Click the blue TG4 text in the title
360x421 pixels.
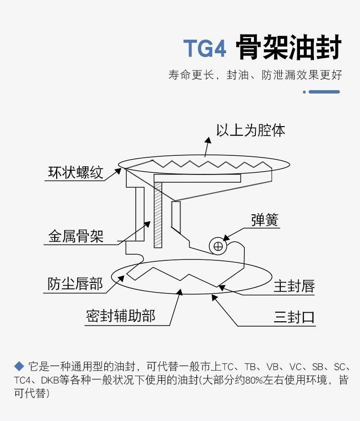pyautogui.click(x=204, y=48)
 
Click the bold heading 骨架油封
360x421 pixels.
pyautogui.click(x=289, y=47)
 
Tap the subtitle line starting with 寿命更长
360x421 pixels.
pyautogui.click(x=255, y=75)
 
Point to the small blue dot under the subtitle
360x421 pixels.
pyautogui.click(x=304, y=92)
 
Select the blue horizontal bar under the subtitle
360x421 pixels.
pyautogui.click(x=324, y=92)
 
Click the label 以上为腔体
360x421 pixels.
pyautogui.click(x=251, y=130)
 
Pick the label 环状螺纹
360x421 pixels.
pyautogui.click(x=76, y=172)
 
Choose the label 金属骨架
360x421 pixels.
pyautogui.click(x=76, y=236)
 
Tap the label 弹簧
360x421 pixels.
pyautogui.click(x=265, y=220)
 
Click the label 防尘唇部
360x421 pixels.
pyautogui.click(x=75, y=284)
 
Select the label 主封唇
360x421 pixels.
pyautogui.click(x=294, y=286)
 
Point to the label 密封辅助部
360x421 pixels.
pyautogui.click(x=120, y=316)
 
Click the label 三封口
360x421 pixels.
pyautogui.click(x=294, y=317)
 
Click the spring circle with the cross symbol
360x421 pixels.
pyautogui.click(x=218, y=246)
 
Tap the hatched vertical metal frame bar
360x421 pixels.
pyautogui.click(x=158, y=215)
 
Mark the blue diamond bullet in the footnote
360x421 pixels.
pyautogui.click(x=19, y=366)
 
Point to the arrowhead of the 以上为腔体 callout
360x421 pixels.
pyautogui.click(x=208, y=140)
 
